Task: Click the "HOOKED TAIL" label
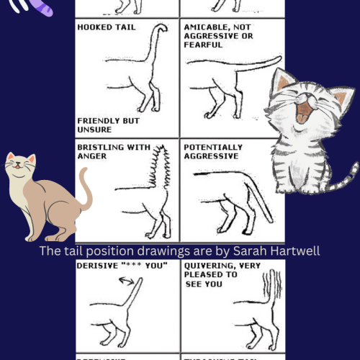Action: [105, 27]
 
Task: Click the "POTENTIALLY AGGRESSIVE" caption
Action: [213, 151]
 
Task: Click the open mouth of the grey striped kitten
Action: [304, 112]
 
